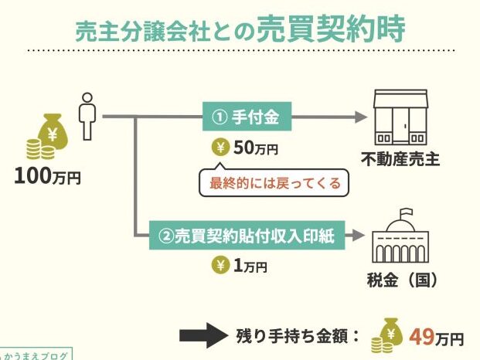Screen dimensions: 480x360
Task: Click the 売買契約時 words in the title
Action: (331, 29)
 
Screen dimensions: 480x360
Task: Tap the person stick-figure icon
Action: (87, 117)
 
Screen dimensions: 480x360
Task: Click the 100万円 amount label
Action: (47, 177)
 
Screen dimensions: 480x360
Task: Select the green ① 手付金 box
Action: (247, 117)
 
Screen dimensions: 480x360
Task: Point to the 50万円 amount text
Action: (256, 148)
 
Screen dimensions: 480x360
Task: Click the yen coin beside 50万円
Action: (220, 148)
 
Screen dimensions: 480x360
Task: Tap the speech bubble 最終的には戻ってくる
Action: (274, 182)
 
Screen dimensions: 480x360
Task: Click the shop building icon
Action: (400, 117)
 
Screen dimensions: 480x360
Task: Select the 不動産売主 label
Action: (400, 160)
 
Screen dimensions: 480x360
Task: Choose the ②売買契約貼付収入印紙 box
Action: (247, 235)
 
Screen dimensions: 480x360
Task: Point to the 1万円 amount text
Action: (250, 266)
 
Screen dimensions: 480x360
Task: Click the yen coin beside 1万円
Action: (220, 265)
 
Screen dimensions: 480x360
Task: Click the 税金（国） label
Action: (402, 280)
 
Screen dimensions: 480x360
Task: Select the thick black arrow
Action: (204, 335)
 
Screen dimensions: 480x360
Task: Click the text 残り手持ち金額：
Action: (298, 336)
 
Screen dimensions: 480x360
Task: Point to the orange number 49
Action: (422, 337)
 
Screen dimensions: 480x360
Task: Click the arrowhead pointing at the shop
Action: (361, 117)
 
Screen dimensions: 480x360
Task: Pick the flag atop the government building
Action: (407, 212)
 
